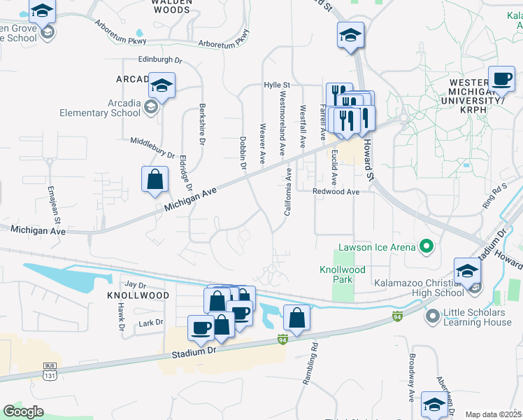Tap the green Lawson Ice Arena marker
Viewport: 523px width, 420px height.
pyautogui.click(x=424, y=246)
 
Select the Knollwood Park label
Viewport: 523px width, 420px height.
pyautogui.click(x=342, y=274)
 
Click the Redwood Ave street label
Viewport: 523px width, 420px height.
pyautogui.click(x=336, y=191)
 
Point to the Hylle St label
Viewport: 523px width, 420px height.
pyautogui.click(x=277, y=85)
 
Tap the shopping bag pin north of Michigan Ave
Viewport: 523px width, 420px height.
pyautogui.click(x=155, y=179)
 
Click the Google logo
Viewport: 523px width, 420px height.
pyautogui.click(x=23, y=411)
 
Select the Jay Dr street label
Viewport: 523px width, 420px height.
pyautogui.click(x=136, y=285)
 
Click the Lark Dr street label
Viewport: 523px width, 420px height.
pyautogui.click(x=150, y=322)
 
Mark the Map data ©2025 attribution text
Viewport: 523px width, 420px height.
pyautogui.click(x=494, y=414)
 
